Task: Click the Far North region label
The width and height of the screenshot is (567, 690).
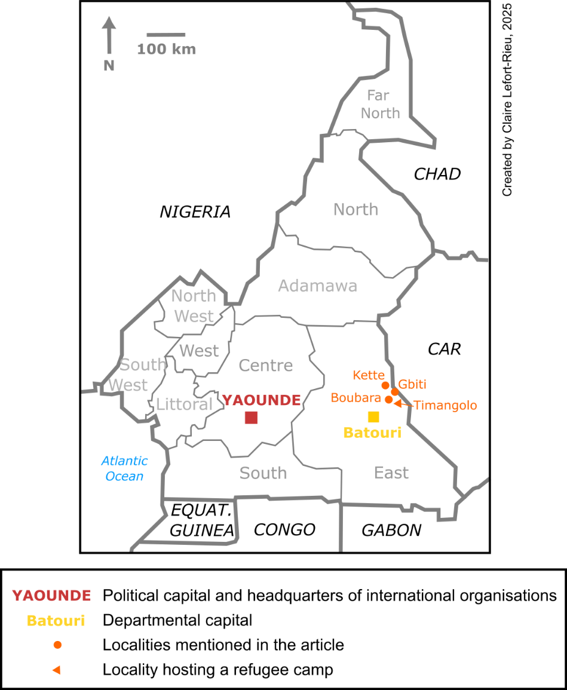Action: pyautogui.click(x=379, y=105)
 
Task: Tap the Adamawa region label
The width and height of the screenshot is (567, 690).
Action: pyautogui.click(x=317, y=286)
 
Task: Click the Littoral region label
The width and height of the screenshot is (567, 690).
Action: pyautogui.click(x=184, y=404)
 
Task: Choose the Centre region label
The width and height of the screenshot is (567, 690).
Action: pyautogui.click(x=265, y=366)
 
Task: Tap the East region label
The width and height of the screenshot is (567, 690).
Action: pyautogui.click(x=391, y=473)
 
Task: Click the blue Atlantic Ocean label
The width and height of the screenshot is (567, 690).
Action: pyautogui.click(x=124, y=468)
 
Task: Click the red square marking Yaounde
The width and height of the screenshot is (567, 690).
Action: pyautogui.click(x=251, y=418)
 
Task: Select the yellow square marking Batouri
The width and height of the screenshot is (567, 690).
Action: pyautogui.click(x=373, y=417)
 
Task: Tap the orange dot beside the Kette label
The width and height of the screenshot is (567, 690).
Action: pyautogui.click(x=385, y=385)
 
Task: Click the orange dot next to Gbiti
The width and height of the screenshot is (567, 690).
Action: pyautogui.click(x=394, y=392)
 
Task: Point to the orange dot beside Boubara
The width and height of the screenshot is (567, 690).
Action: pyautogui.click(x=388, y=400)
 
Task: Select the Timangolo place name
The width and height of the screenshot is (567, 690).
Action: pyautogui.click(x=445, y=406)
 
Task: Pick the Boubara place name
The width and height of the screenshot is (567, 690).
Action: pyautogui.click(x=355, y=398)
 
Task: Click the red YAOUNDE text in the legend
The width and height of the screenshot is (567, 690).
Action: pyautogui.click(x=51, y=596)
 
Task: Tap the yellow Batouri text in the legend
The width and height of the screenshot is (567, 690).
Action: pyautogui.click(x=56, y=621)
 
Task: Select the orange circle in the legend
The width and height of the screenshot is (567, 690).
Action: pyautogui.click(x=57, y=645)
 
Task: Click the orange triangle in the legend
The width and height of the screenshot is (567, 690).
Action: pyautogui.click(x=56, y=670)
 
